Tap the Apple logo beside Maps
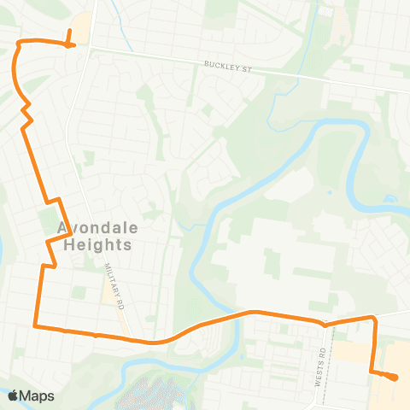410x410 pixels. click(12, 395)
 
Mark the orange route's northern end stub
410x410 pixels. click(68, 34)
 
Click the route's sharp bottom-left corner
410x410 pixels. click(34, 325)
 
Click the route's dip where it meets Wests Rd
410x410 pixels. click(324, 325)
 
